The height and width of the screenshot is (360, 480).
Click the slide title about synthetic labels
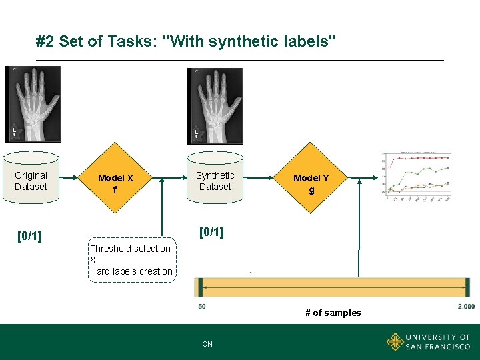click(186, 42)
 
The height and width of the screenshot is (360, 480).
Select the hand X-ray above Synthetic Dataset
click(215, 105)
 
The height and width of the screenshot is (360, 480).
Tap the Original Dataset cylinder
click(31, 181)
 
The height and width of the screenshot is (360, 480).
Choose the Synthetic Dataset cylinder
click(215, 181)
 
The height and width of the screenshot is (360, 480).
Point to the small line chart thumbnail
click(417, 177)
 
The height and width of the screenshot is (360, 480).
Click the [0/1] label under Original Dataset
click(29, 236)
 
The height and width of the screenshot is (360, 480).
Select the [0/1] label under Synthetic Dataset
click(211, 232)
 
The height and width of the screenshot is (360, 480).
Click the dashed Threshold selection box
click(131, 260)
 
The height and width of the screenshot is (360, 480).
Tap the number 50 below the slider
click(201, 307)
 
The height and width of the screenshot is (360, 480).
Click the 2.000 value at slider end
click(466, 307)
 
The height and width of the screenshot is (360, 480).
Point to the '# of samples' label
click(333, 313)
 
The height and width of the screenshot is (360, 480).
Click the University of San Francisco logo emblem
click(395, 342)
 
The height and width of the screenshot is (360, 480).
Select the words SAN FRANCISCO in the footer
click(437, 347)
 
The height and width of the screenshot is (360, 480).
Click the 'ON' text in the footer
click(207, 344)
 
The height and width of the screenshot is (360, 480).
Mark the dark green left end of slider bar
click(199, 287)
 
